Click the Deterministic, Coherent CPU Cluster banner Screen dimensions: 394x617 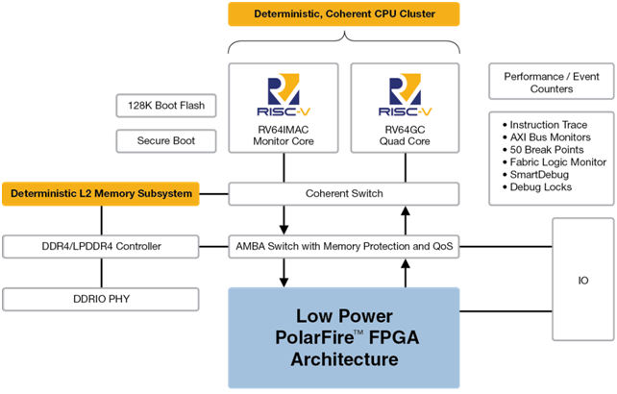tap(343, 14)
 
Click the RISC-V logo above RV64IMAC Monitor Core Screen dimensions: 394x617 tap(283, 94)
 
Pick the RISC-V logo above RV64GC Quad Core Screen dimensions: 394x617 tap(404, 94)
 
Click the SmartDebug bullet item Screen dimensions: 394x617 tap(539, 175)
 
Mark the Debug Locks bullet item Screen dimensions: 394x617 tap(542, 187)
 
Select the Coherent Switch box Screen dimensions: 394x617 tap(342, 194)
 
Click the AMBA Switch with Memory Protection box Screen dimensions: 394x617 tap(342, 247)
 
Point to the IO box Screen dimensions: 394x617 tap(582, 282)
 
